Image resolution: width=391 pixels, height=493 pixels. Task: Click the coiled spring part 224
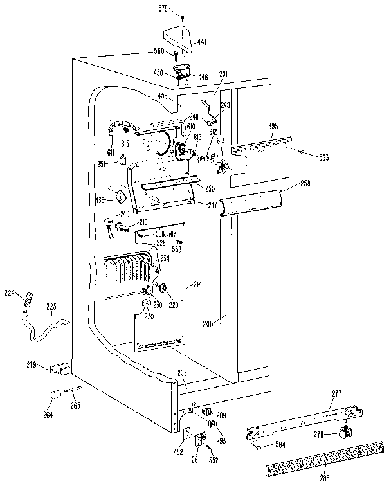pos(29,299)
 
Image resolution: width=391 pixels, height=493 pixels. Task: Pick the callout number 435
pos(100,201)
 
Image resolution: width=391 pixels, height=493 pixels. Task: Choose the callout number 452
pos(177,450)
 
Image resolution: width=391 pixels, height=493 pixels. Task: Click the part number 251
pos(101,164)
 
